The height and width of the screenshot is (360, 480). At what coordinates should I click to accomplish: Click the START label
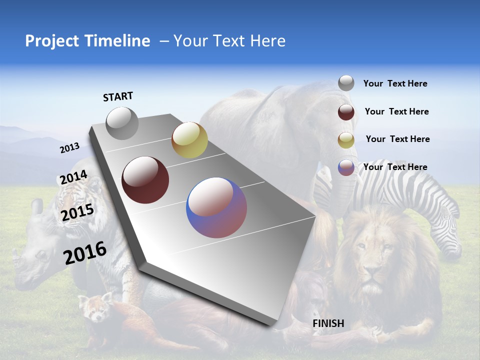coord(118,96)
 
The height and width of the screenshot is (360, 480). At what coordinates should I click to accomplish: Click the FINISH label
coord(328,323)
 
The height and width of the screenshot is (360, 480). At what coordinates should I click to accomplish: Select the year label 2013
coord(70,148)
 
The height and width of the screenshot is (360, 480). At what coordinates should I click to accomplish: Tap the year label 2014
coord(73,177)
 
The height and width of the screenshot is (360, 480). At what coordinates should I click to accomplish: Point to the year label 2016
coord(85,253)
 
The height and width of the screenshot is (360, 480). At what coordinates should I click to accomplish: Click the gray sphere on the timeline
coord(122,123)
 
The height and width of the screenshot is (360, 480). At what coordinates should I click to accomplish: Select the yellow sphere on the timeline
coord(189,140)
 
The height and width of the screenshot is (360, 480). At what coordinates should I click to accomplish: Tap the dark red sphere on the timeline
coord(145,180)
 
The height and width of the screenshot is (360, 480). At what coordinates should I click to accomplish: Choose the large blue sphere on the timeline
coord(216,207)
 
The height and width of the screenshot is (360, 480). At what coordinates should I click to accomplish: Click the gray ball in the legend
coord(346,83)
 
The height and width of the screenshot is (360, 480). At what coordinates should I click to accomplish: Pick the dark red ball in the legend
coord(346,111)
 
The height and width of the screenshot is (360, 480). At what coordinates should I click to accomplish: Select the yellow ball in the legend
coord(346,139)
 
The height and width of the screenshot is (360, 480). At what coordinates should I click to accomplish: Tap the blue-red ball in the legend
coord(346,167)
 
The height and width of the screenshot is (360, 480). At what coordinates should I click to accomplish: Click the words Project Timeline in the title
coord(87,41)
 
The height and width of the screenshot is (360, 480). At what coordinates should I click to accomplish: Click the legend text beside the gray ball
coord(395,84)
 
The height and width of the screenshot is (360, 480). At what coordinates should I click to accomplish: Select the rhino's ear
coord(36,206)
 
